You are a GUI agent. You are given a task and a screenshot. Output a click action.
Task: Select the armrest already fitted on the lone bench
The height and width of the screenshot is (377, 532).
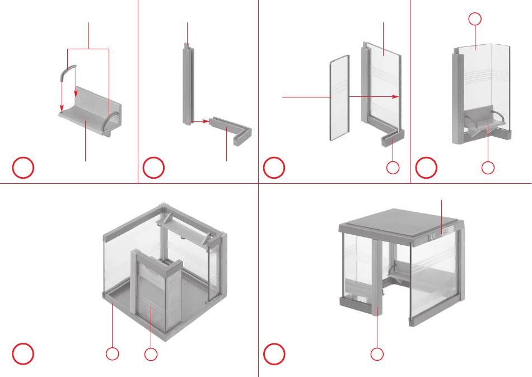(x=112, y=121)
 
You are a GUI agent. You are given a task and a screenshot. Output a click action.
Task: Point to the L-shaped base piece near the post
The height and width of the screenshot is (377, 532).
(x=232, y=128)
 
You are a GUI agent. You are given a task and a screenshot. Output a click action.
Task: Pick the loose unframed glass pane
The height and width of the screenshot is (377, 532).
(x=338, y=97)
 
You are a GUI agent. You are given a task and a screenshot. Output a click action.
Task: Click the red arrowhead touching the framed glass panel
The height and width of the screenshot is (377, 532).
(x=396, y=97)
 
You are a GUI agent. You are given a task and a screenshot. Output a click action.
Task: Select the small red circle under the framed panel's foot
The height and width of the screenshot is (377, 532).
(x=393, y=167)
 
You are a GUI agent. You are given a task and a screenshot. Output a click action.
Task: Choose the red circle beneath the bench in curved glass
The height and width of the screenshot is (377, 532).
(x=488, y=167)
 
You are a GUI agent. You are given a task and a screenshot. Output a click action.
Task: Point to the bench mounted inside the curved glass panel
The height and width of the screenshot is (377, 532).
(x=485, y=118)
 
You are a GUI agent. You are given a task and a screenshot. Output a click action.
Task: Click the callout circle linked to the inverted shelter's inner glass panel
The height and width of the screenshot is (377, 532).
(x=151, y=354)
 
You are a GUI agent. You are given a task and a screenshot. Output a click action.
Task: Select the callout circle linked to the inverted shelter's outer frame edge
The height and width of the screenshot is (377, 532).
(x=113, y=354)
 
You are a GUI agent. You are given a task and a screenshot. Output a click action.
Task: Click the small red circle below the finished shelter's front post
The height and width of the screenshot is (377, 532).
(x=377, y=354)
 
